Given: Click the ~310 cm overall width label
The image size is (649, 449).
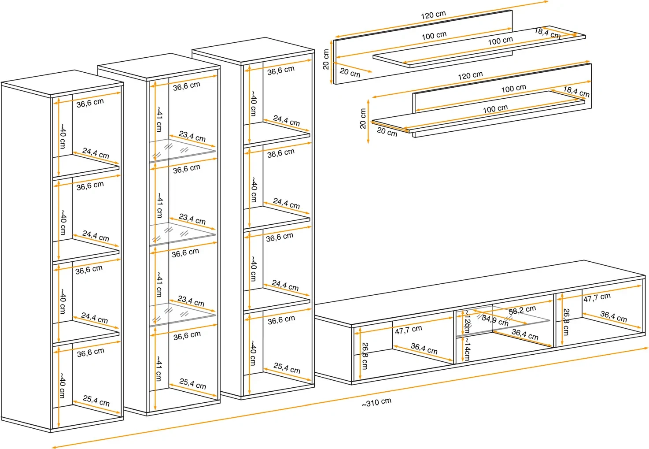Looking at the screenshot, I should tap(376, 402).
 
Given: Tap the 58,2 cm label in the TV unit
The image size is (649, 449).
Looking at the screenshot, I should tap(522, 311).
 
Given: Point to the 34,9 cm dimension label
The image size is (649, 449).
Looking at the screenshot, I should tap(495, 320).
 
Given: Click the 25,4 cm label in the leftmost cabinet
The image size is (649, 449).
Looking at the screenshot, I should tap(96, 401).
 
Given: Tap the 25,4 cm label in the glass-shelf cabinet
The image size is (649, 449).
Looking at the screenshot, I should tap(192, 383).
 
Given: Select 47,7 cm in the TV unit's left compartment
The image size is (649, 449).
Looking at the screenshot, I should tap(408, 330).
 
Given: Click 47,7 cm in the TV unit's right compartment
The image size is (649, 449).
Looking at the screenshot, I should tap(597, 298).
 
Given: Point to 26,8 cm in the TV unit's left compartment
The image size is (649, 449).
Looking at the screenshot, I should tap(365, 356).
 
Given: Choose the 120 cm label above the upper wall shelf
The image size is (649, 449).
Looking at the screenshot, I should tap(433, 15).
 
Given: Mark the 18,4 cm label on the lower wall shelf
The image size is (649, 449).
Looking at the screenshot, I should tap(576, 92).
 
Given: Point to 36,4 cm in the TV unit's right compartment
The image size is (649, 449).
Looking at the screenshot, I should tap(613, 316).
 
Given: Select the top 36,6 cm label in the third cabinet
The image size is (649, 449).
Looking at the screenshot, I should tap(280, 71).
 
